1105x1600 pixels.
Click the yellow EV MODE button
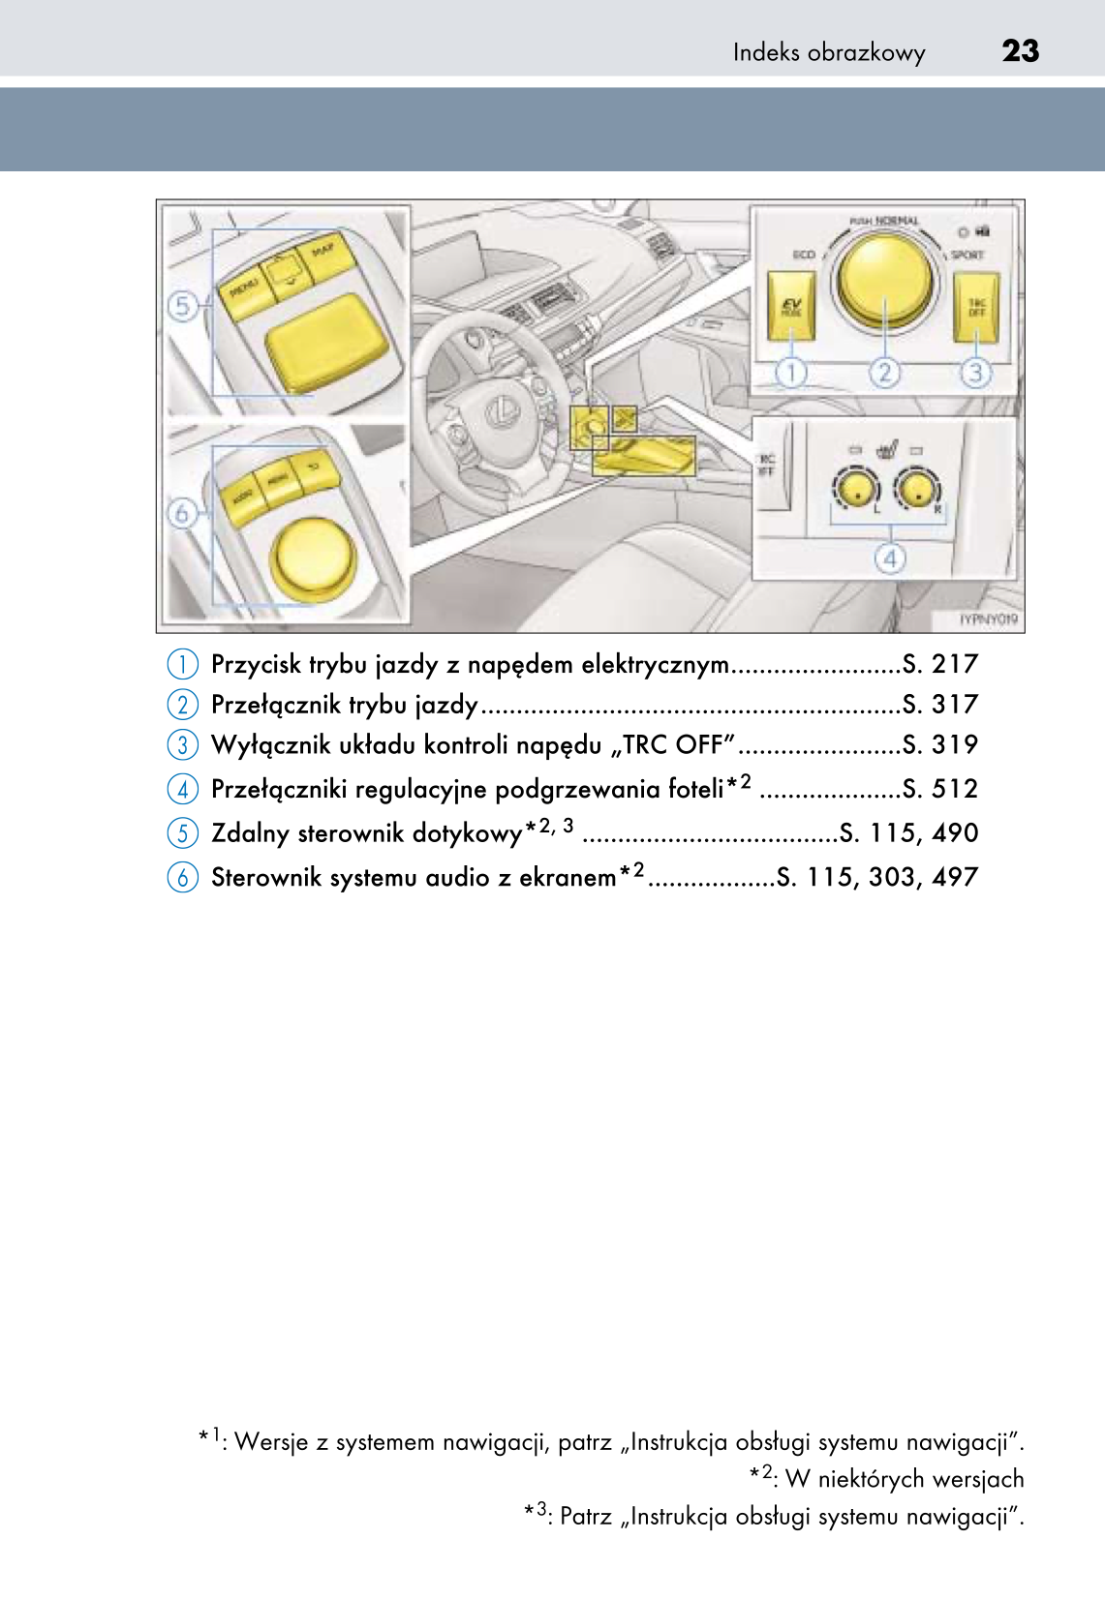[x=790, y=306]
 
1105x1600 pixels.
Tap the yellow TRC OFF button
[x=975, y=307]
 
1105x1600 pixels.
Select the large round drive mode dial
[x=885, y=278]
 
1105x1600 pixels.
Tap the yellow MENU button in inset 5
[x=244, y=292]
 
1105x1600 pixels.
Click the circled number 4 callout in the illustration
[x=889, y=558]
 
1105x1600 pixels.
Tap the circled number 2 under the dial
[x=884, y=373]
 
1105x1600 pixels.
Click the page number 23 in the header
[x=1020, y=50]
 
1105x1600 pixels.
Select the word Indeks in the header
[x=767, y=52]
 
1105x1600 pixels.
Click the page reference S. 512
[x=939, y=789]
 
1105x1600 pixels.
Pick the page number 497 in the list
[x=955, y=877]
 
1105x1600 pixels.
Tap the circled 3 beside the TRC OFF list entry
[x=182, y=745]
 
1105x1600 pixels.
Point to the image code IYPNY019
[x=988, y=619]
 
